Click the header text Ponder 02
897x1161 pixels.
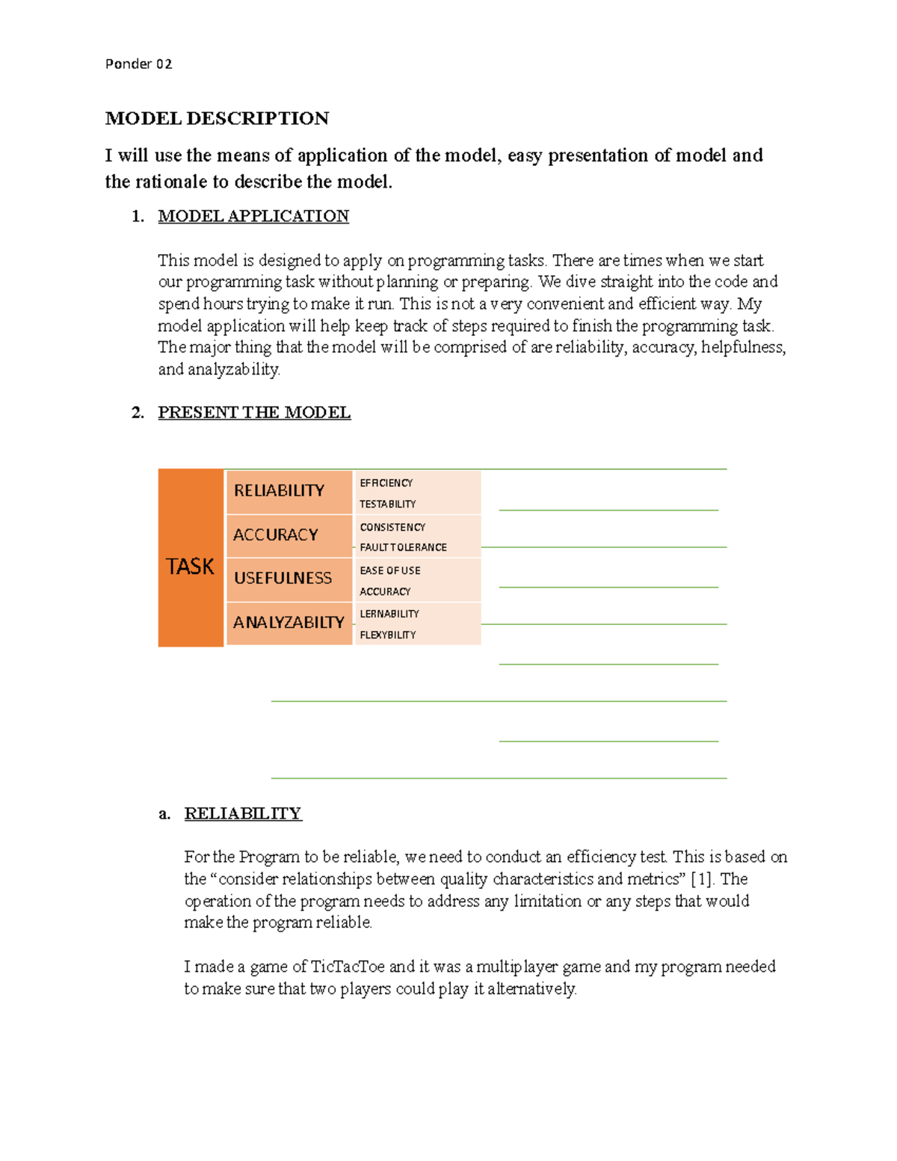(138, 64)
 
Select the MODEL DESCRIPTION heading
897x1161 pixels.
(217, 119)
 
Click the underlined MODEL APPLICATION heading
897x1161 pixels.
(253, 216)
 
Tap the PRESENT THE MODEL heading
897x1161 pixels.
(254, 413)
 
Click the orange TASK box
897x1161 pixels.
(191, 566)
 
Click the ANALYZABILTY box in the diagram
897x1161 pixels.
(288, 622)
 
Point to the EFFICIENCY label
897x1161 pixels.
(386, 483)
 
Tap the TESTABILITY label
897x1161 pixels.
(387, 504)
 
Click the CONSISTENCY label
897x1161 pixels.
(392, 527)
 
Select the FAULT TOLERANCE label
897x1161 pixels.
(403, 547)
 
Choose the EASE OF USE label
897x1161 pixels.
(389, 570)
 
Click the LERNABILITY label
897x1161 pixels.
(389, 614)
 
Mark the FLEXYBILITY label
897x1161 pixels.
(387, 635)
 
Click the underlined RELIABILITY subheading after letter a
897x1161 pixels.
(243, 813)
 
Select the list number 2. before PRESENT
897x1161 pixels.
(138, 413)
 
